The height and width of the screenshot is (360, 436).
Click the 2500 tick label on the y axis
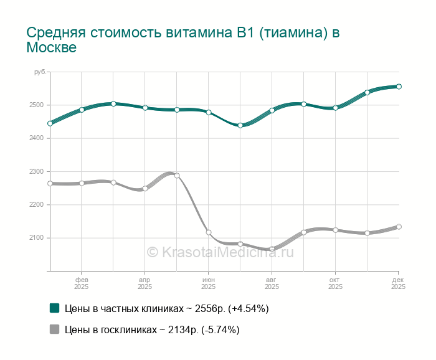pos(36,105)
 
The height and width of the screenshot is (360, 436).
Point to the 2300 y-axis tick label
pos(36,171)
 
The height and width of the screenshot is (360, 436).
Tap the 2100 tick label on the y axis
pos(36,238)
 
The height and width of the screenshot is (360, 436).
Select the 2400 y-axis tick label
pos(36,138)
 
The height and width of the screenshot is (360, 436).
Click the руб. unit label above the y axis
pos(40,73)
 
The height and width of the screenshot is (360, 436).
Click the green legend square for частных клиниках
pos(54,308)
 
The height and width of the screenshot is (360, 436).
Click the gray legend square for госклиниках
pos(54,330)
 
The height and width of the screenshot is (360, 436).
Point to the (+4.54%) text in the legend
pos(249,308)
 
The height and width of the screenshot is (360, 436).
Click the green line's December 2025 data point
pos(399,87)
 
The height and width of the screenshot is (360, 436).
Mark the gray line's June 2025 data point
pos(209,232)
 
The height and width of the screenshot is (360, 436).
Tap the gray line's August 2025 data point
pos(272,249)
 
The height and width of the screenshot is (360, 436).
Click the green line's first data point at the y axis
pos(50,123)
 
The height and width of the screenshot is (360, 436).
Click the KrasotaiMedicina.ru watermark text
pos(219,252)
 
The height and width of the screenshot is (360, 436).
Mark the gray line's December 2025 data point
pos(399,227)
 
